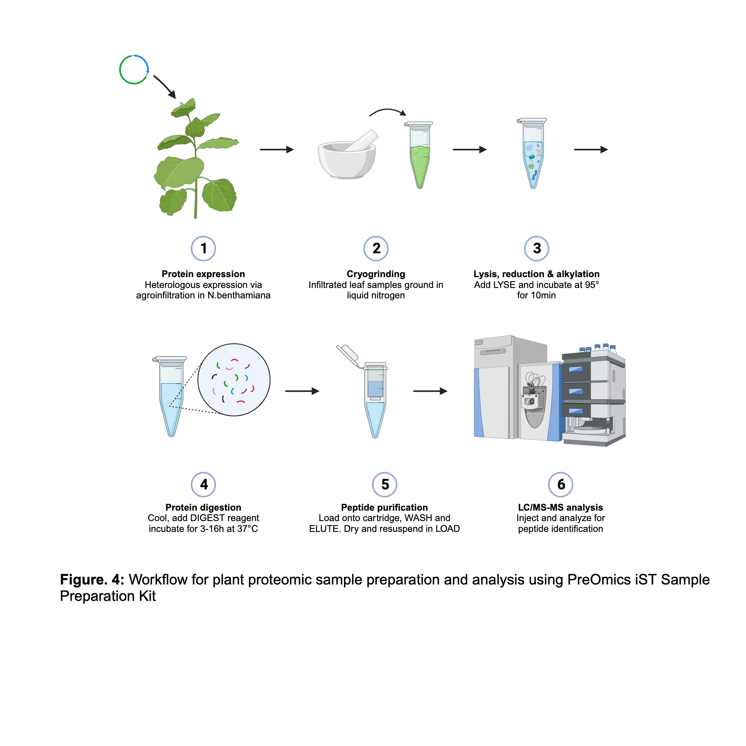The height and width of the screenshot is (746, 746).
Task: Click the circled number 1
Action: pos(203,248)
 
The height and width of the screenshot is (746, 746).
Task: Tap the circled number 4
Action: pos(203,484)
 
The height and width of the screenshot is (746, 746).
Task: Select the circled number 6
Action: pos(560,484)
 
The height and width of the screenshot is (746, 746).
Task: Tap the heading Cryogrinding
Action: pos(376,274)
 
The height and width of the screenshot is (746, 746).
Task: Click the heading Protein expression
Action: pos(203,274)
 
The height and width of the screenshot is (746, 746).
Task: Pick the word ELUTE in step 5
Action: pos(325,529)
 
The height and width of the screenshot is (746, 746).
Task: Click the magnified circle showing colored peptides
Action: pos(233,380)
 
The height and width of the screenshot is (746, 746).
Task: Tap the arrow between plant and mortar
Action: pos(276,150)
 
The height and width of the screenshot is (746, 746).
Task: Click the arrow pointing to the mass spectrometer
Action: pos(430,391)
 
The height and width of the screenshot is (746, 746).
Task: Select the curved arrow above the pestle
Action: pos(387,112)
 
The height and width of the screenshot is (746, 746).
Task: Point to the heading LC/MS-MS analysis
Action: pos(560,507)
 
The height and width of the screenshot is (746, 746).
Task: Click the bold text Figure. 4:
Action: pos(92,580)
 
